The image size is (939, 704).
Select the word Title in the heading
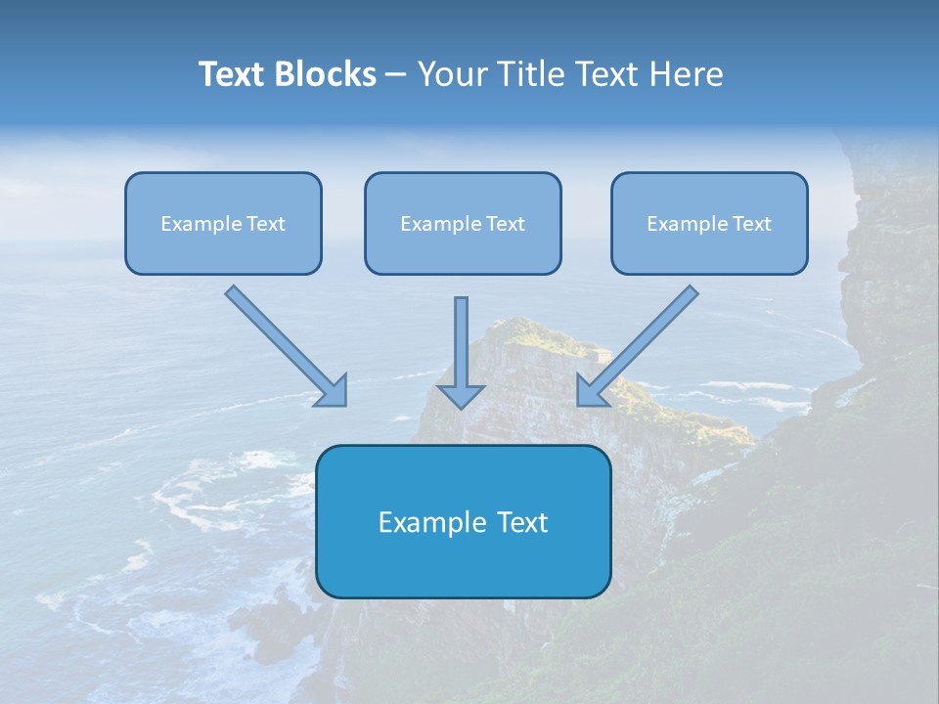pyautogui.click(x=528, y=74)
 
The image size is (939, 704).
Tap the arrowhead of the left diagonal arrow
pyautogui.click(x=333, y=392)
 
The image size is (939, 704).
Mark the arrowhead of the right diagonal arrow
pyautogui.click(x=592, y=391)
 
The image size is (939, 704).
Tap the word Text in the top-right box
pyautogui.click(x=751, y=224)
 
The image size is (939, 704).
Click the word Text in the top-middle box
pyautogui.click(x=505, y=224)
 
